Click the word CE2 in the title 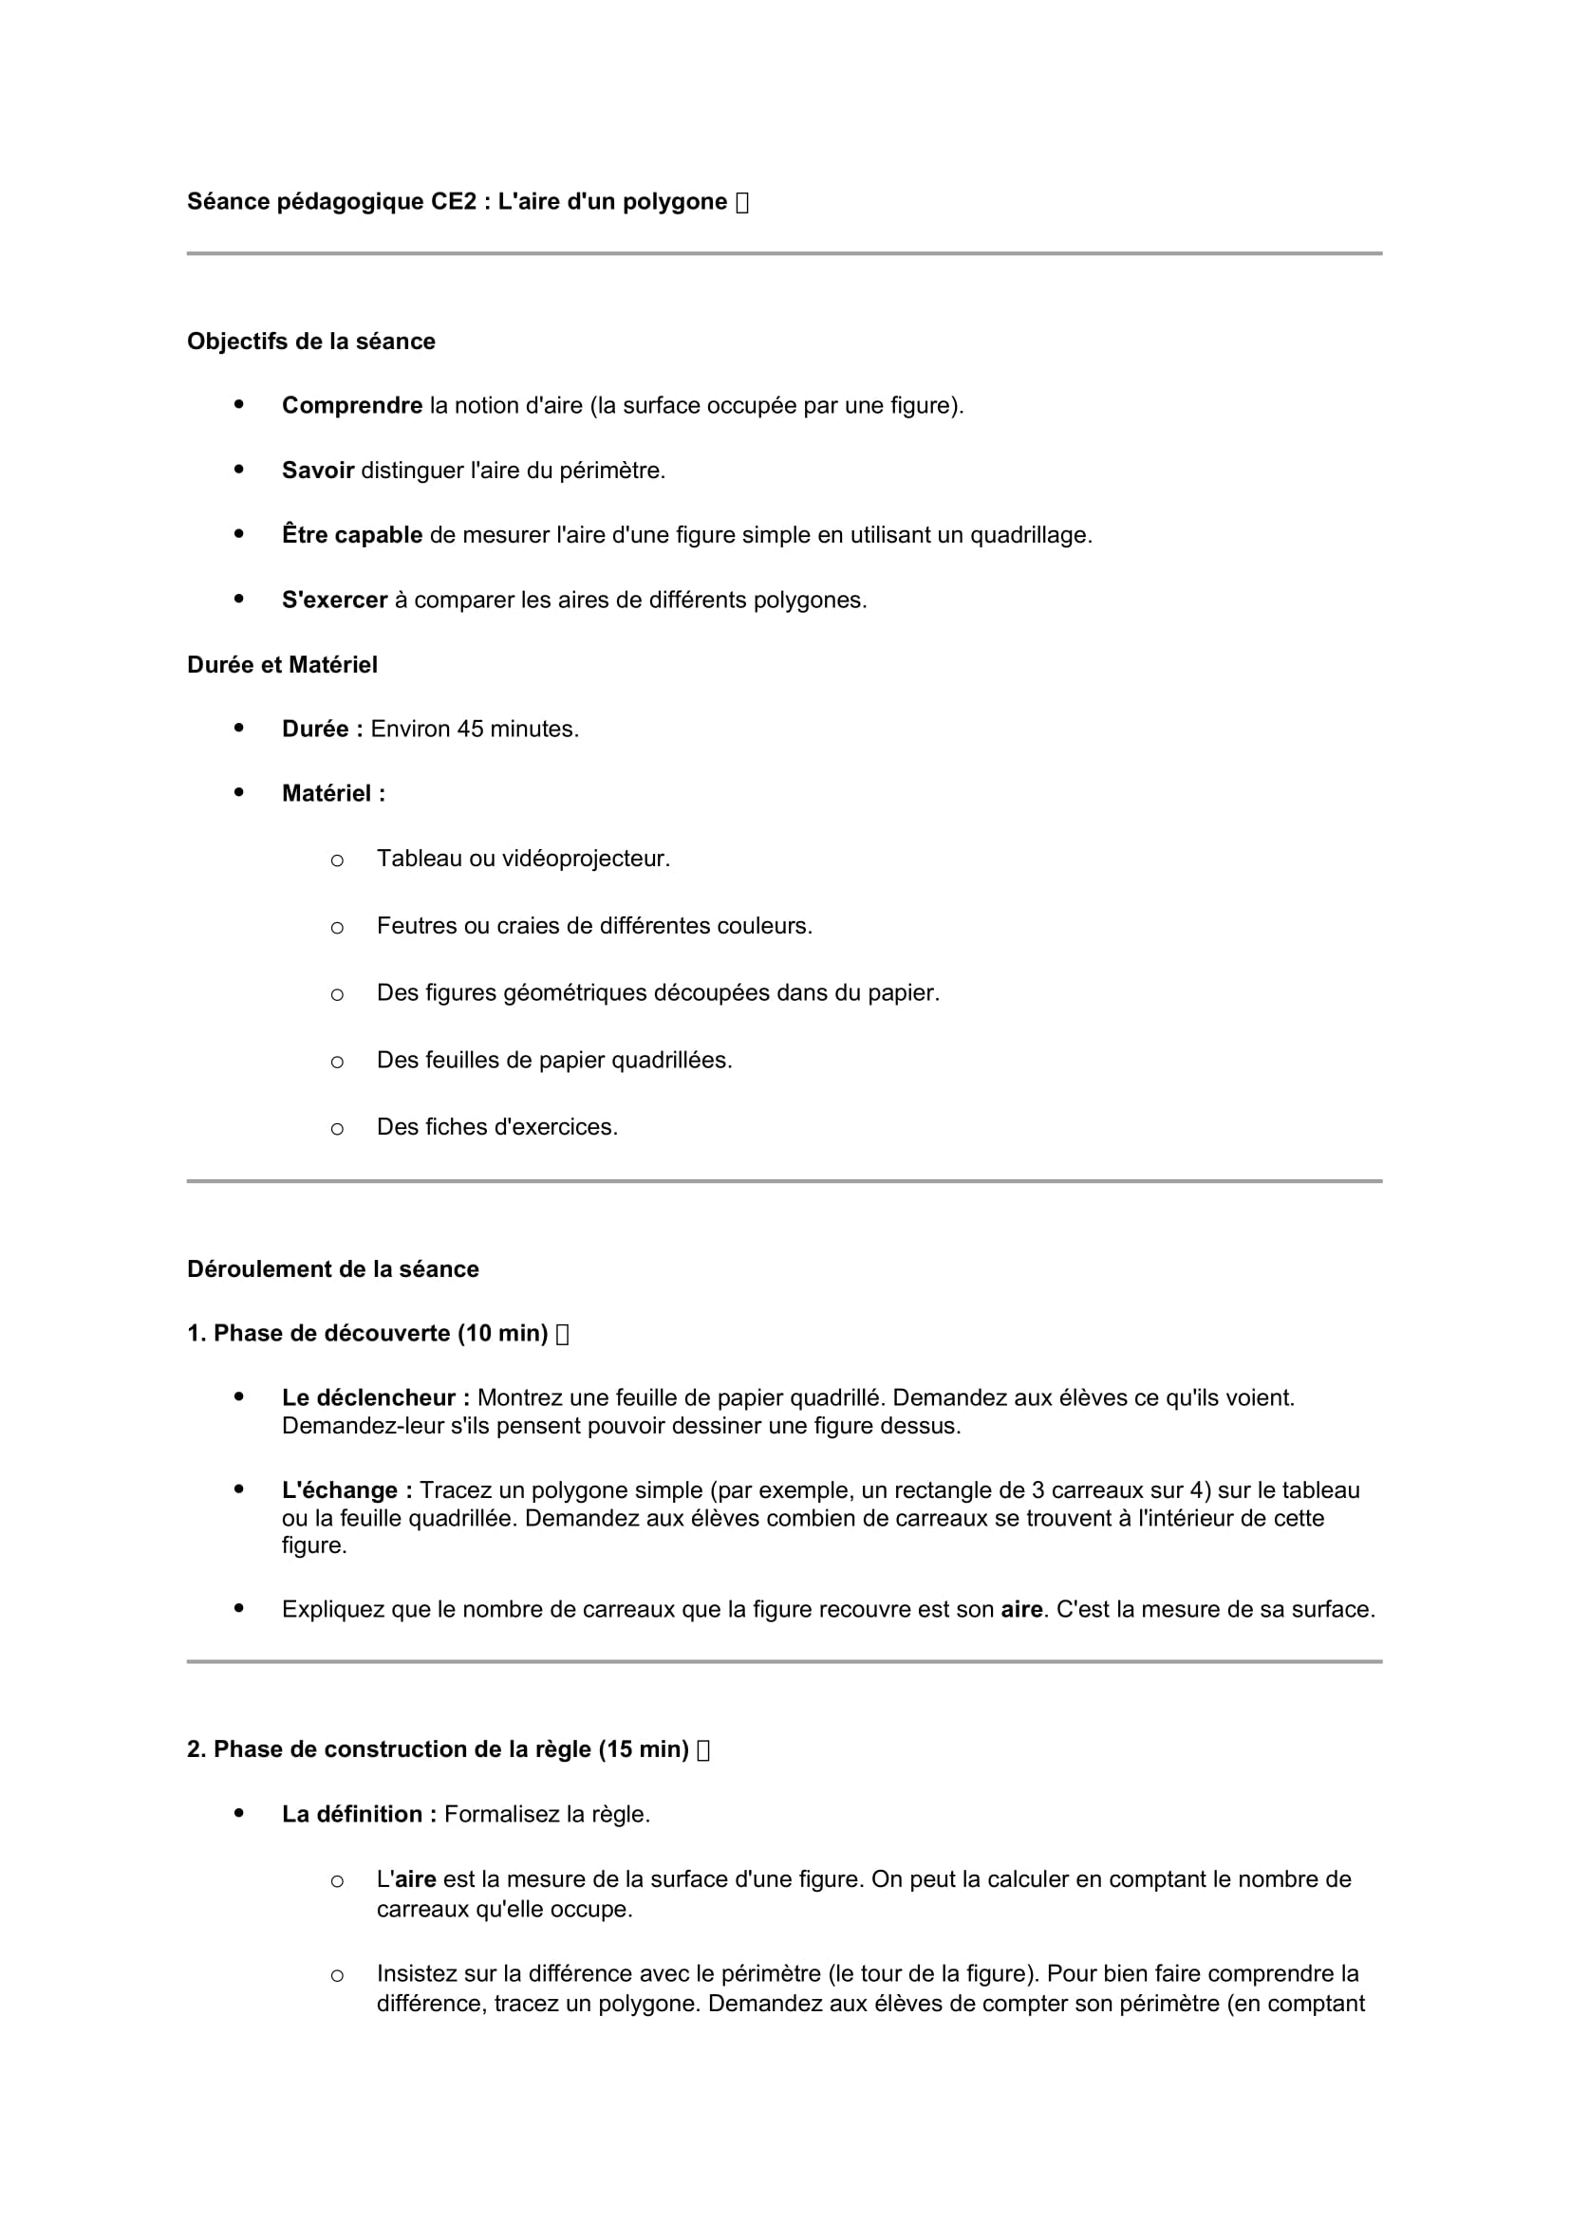tap(454, 202)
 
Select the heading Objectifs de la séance tap(310, 342)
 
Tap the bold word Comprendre tap(352, 406)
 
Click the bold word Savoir tap(318, 471)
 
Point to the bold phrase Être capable tap(352, 535)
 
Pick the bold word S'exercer tap(334, 601)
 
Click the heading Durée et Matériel tap(282, 665)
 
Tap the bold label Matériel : tap(333, 793)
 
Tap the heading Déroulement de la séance tap(332, 1269)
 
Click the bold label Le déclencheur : tap(376, 1397)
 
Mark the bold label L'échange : tap(347, 1490)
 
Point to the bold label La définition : tap(359, 1814)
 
